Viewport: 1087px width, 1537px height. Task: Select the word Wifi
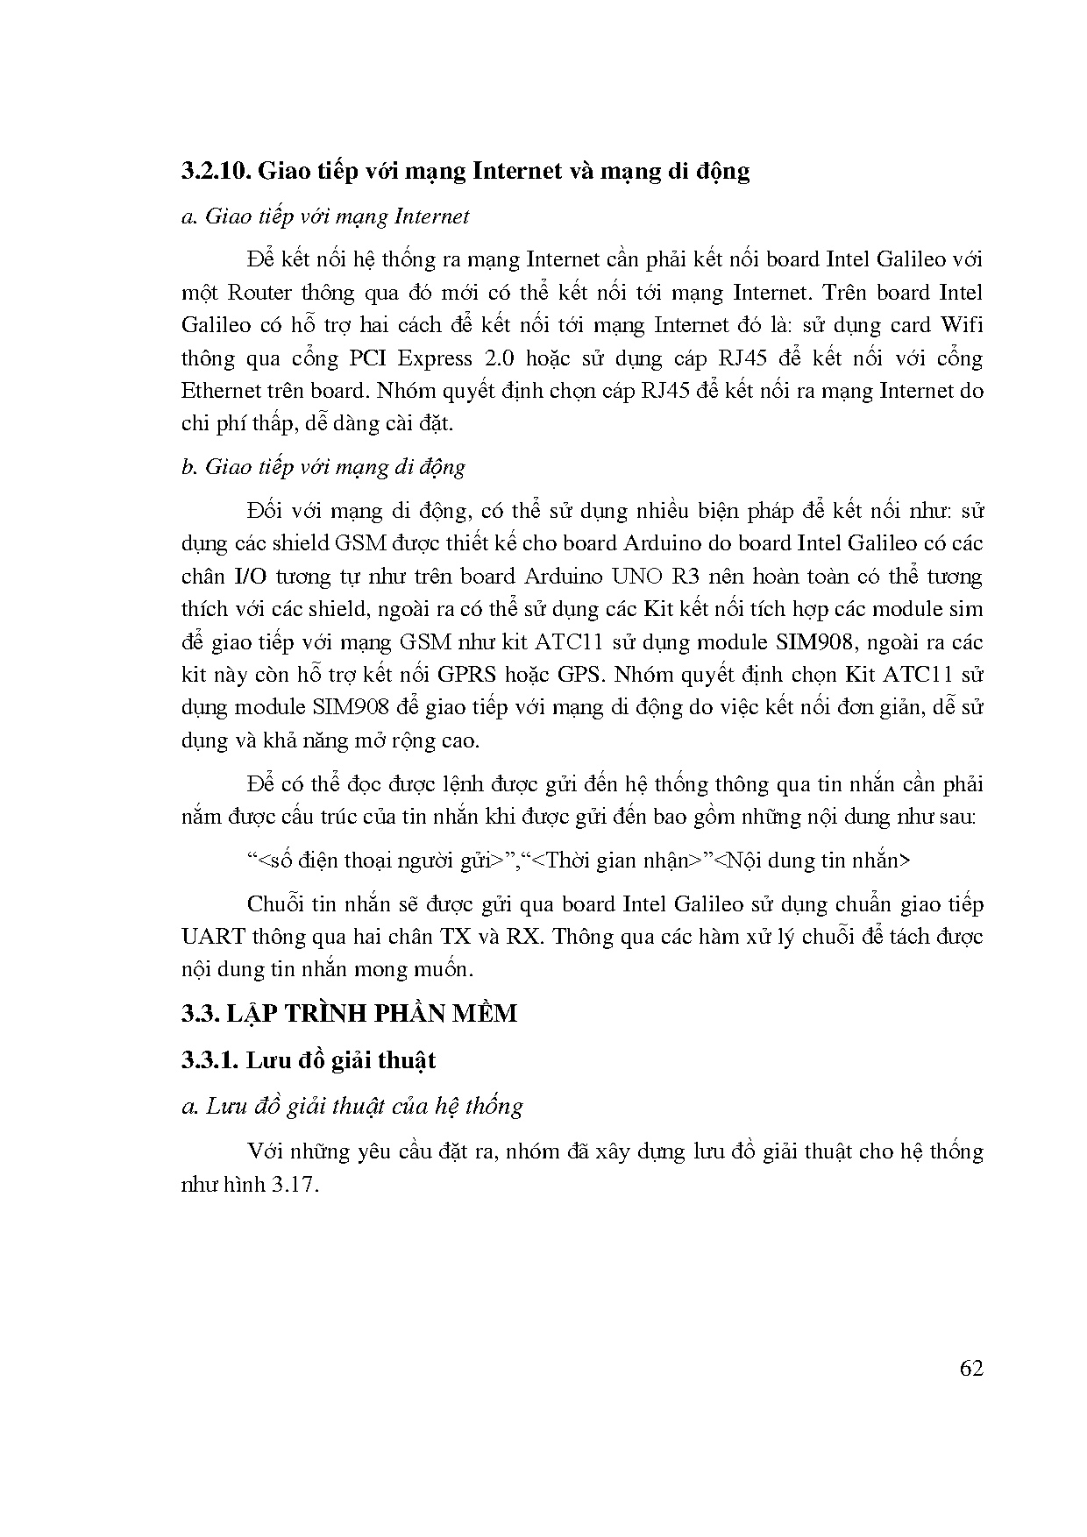coord(962,325)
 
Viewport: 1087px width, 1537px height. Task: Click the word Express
coord(437,358)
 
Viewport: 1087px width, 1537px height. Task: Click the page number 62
coord(971,1370)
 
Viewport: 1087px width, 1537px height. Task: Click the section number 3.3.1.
coord(209,1060)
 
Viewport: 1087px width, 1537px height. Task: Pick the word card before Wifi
coord(909,325)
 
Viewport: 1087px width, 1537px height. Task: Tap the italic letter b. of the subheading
coord(188,467)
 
